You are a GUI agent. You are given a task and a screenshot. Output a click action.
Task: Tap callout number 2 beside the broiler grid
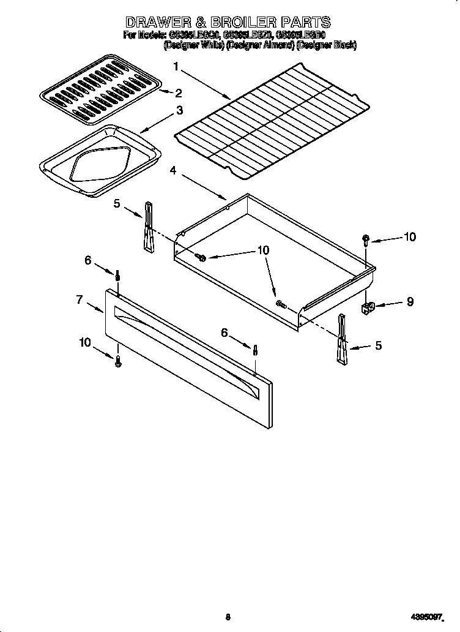179,94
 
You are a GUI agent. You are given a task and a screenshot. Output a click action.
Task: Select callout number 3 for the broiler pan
179,111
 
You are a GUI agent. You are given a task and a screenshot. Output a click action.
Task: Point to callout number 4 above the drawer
173,171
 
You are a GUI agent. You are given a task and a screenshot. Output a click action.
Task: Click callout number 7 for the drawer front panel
80,299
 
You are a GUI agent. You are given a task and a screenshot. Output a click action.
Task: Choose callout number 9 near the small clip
410,301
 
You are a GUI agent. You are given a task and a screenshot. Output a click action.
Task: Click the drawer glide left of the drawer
149,227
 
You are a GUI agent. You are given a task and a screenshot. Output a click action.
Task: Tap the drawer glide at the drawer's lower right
342,340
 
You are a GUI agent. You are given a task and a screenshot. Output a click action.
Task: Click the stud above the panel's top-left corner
117,276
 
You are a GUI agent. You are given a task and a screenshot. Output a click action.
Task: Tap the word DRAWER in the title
160,23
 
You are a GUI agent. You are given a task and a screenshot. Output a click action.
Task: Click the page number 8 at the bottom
228,617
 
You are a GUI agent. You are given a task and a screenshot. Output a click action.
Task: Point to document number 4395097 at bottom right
425,617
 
